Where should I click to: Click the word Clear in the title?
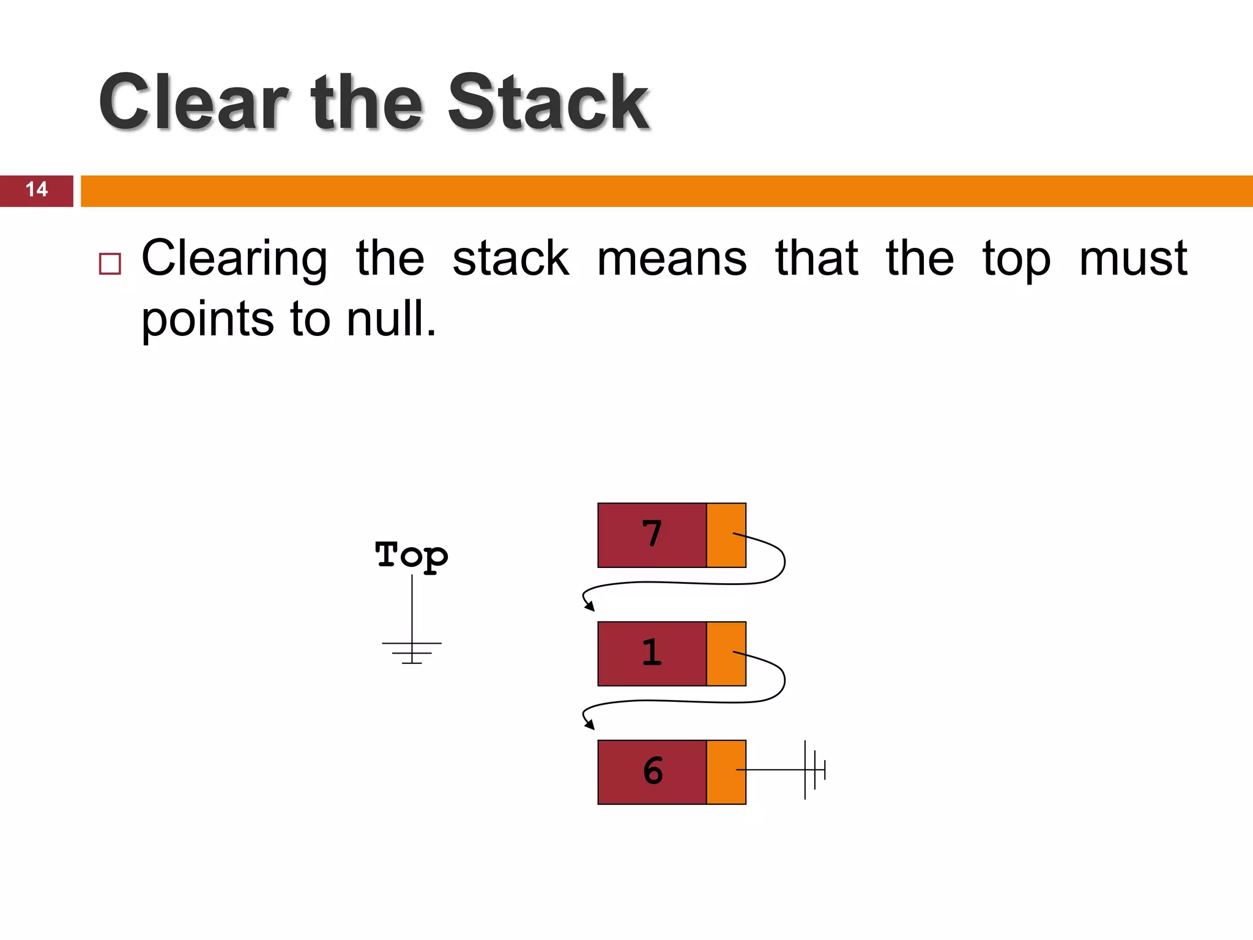pos(193,102)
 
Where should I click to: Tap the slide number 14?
pos(37,190)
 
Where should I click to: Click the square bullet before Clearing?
pos(110,263)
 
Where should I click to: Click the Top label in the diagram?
pos(411,556)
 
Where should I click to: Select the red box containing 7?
pos(652,535)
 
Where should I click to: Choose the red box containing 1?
pos(652,654)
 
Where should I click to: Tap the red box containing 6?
pos(652,772)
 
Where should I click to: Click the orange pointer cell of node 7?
pos(726,535)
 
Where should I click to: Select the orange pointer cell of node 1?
pos(726,654)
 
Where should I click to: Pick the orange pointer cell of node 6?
pos(726,772)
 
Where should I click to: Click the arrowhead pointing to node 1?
pos(590,607)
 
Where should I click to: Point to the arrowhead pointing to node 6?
pos(590,725)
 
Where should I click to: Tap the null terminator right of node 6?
pos(814,770)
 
